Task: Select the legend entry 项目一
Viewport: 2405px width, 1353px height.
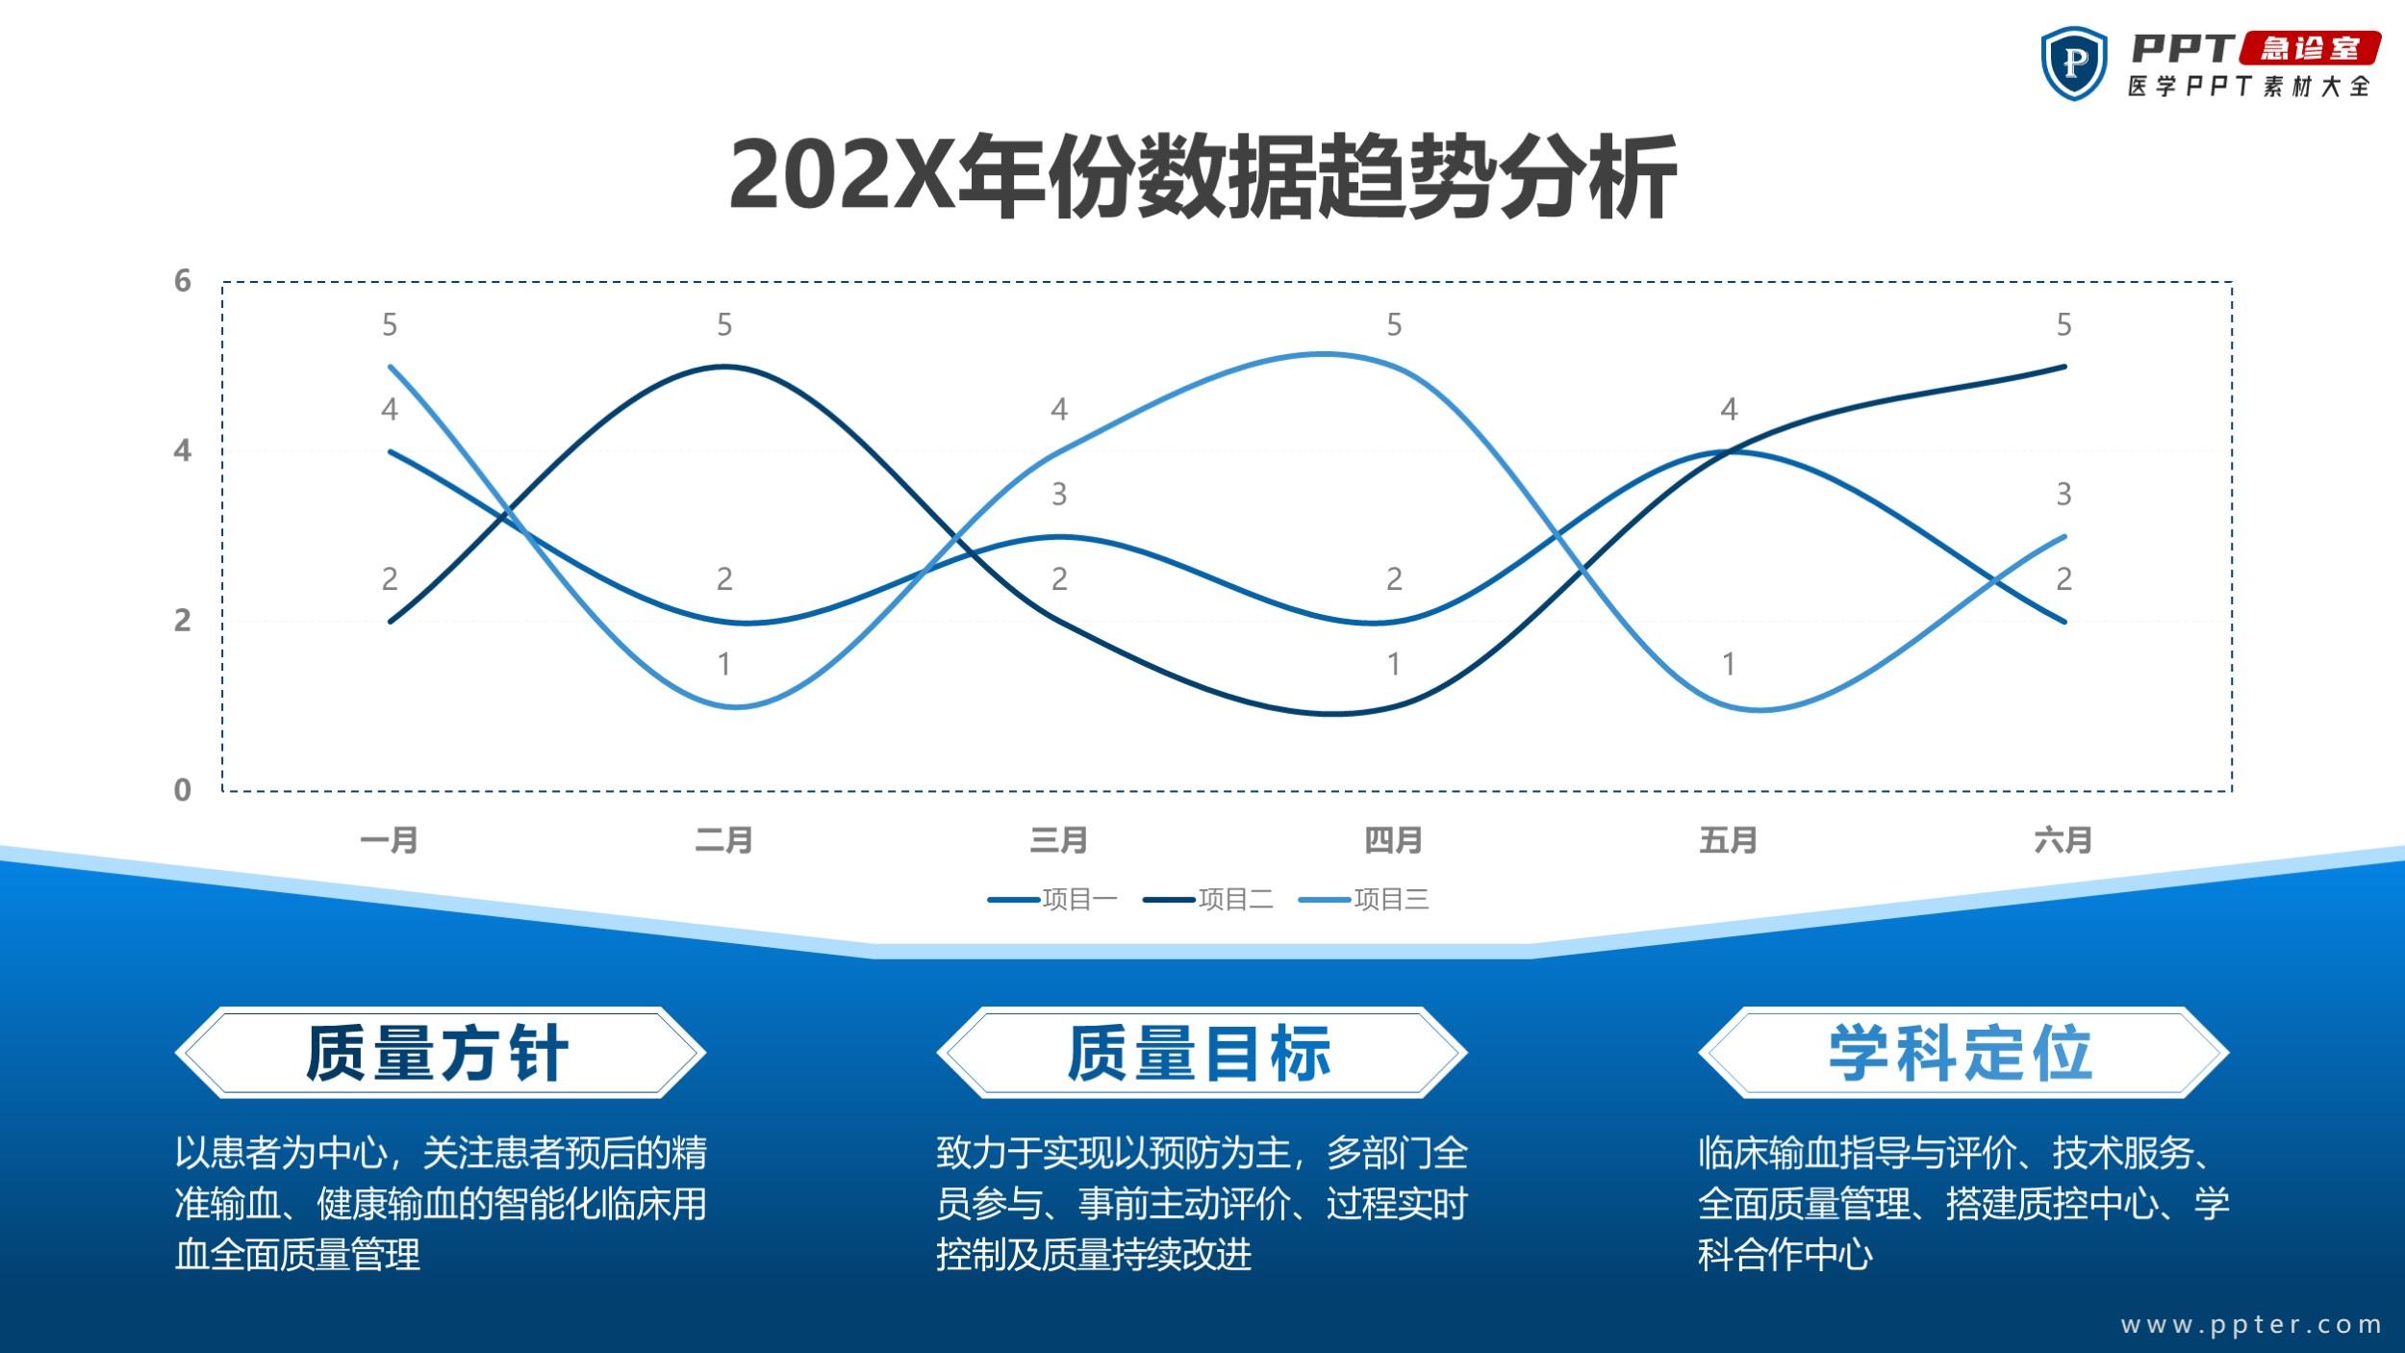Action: (1052, 900)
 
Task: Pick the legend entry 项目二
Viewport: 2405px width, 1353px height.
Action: (1208, 900)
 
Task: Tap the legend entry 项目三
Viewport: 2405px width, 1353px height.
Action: (1364, 900)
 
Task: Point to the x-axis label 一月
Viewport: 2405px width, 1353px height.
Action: (389, 840)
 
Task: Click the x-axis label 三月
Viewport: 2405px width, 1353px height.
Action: (1058, 840)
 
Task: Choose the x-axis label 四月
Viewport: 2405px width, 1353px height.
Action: (1393, 840)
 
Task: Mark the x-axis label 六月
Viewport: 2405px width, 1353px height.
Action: (2063, 840)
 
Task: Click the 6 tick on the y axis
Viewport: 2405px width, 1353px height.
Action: (183, 281)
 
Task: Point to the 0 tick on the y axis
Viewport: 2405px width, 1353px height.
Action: (183, 790)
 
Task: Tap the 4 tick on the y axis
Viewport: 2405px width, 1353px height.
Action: (183, 450)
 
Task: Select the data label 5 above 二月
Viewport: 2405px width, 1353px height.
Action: (724, 325)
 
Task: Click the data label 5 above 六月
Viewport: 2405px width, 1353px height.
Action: (2063, 325)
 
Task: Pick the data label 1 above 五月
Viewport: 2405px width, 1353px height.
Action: (1729, 664)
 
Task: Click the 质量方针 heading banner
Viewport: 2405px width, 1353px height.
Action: (441, 1053)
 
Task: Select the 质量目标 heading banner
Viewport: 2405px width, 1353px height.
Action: (1202, 1053)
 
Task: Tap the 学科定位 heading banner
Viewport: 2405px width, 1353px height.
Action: (1963, 1053)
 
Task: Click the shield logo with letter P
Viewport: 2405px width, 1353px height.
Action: (2074, 64)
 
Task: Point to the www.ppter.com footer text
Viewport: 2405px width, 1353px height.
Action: (2251, 1325)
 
